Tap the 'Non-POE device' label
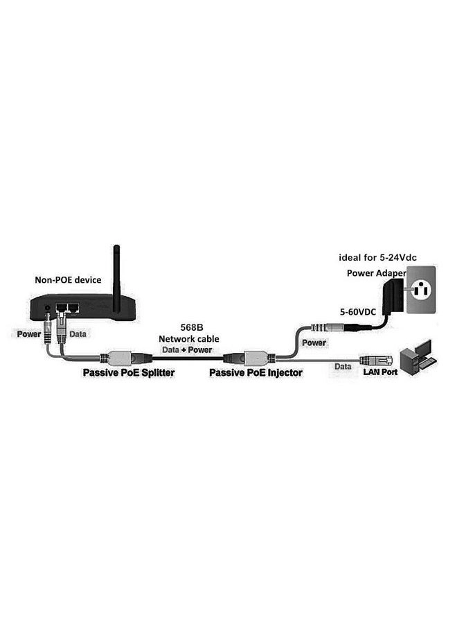[68, 280]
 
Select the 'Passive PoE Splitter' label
[128, 372]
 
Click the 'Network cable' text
[188, 338]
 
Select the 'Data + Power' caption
[188, 349]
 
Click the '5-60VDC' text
[358, 311]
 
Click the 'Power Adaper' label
[376, 272]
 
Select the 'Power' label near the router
[28, 333]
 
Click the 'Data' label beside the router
[78, 333]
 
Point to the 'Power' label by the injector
[314, 342]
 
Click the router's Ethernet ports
[67, 307]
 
